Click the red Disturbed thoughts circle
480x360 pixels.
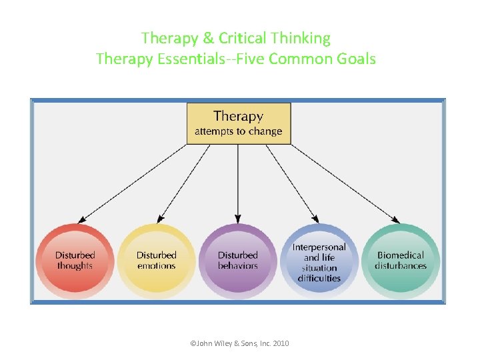pos(75,261)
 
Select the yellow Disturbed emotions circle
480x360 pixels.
pos(157,261)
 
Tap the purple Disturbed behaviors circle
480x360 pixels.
pos(238,261)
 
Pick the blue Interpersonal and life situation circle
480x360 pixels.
pos(319,261)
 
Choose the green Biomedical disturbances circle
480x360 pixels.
pos(401,261)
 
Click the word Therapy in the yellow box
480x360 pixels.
pos(238,117)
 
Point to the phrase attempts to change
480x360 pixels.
pos(238,131)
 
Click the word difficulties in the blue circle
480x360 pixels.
pos(319,278)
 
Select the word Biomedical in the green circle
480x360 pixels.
pos(401,255)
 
